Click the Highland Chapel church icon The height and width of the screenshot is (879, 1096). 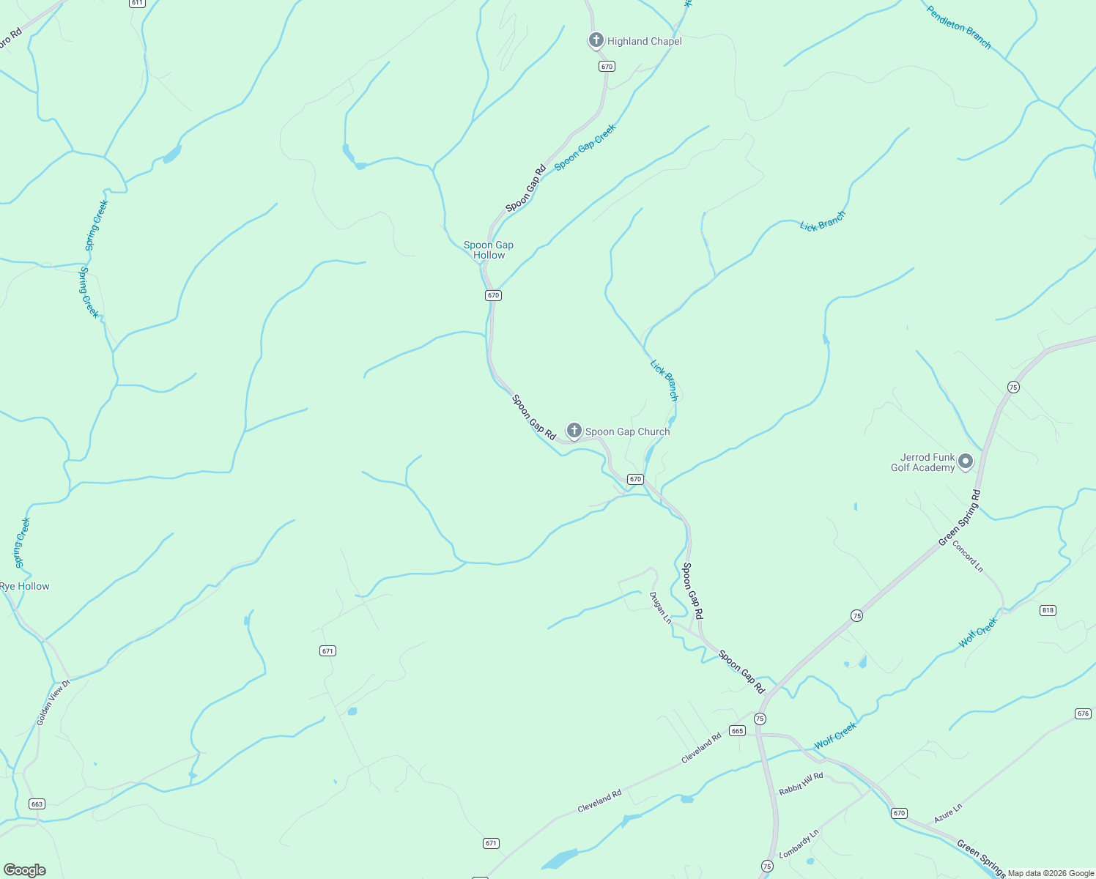click(596, 40)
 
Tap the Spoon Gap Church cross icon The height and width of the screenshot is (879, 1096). click(574, 431)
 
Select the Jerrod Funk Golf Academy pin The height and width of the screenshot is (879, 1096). click(966, 461)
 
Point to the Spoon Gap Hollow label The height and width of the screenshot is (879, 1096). click(489, 250)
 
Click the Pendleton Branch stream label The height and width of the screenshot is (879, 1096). click(958, 28)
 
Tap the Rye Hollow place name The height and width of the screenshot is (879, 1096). click(25, 586)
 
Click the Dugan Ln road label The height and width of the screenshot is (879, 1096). click(660, 608)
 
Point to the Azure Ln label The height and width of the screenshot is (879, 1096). click(948, 812)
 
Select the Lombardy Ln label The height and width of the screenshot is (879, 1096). click(799, 844)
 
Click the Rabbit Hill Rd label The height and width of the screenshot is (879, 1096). click(801, 784)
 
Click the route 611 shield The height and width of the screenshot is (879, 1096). click(137, 3)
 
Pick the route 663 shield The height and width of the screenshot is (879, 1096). click(37, 804)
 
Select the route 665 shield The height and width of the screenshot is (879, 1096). click(737, 730)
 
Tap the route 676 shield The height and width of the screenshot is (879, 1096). click(1084, 713)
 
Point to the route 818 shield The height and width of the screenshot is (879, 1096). click(1048, 610)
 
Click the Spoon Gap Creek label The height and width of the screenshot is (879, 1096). click(585, 146)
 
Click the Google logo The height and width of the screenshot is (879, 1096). click(24, 870)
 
